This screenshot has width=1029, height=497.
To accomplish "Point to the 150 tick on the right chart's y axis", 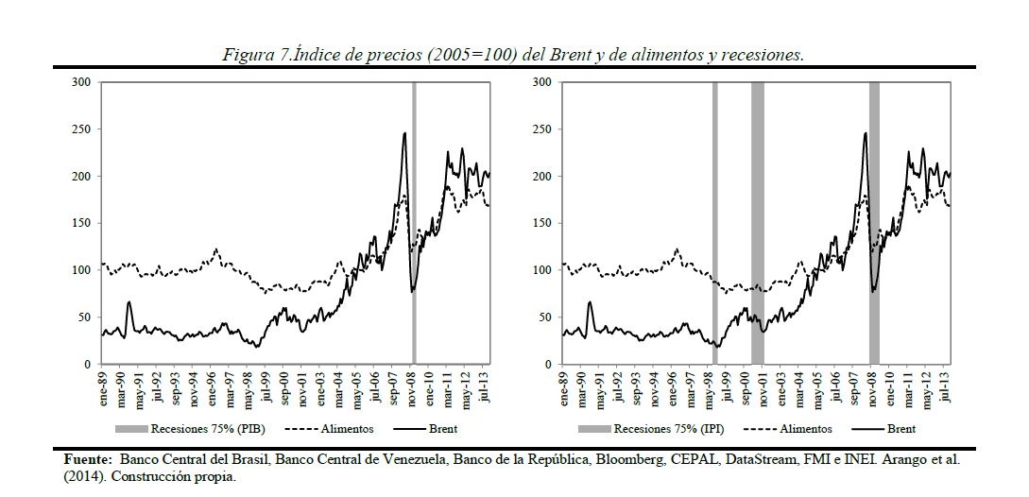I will click(541, 223).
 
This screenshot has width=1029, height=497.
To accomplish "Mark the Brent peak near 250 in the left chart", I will click(404, 134).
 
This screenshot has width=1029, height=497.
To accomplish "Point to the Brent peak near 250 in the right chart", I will click(865, 134).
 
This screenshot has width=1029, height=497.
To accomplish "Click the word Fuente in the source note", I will click(87, 460).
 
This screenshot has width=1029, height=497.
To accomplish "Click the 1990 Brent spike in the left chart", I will click(129, 303).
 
